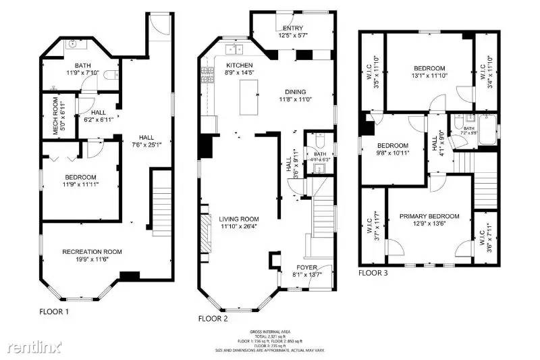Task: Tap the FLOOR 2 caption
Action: pyautogui.click(x=214, y=317)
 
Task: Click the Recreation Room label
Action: pyautogui.click(x=92, y=252)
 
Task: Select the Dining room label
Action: pyautogui.click(x=295, y=93)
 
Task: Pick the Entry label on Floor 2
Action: pyautogui.click(x=292, y=28)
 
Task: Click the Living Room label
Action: pyautogui.click(x=239, y=219)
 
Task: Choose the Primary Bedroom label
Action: pyautogui.click(x=429, y=217)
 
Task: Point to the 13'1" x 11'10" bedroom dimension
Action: pyautogui.click(x=429, y=76)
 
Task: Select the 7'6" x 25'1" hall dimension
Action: pyautogui.click(x=146, y=143)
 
